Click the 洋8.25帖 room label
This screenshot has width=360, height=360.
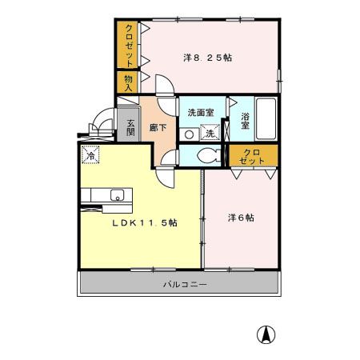[207, 58]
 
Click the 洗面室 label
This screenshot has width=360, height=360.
[200, 114]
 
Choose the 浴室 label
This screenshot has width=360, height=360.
[246, 121]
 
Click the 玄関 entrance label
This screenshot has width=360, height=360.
[130, 127]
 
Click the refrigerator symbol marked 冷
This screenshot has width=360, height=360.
[90, 156]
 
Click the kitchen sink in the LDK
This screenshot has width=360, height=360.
[117, 195]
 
